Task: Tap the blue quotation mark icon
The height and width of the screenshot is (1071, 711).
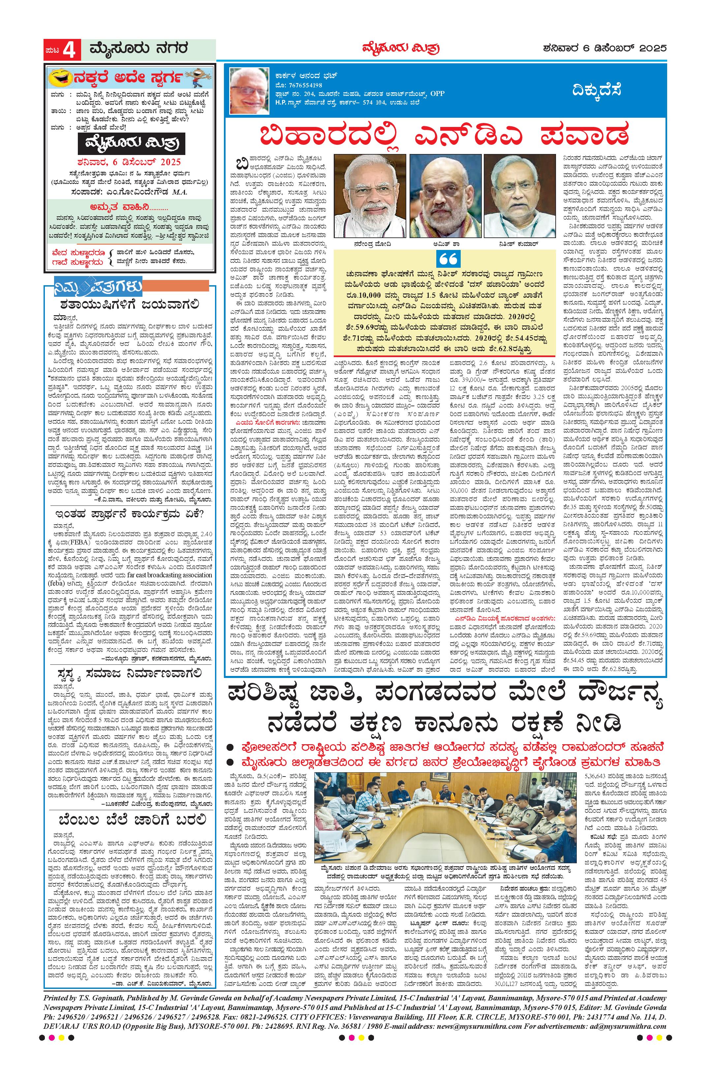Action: coord(449,259)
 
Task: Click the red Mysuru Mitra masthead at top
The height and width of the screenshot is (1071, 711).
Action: coord(400,48)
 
